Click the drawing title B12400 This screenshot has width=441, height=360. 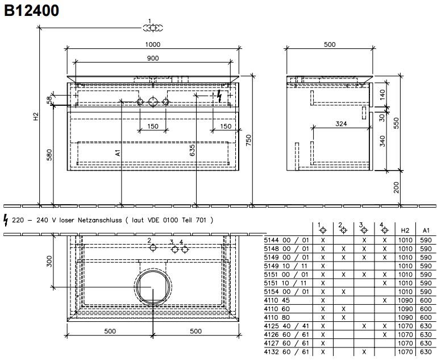tap(31, 10)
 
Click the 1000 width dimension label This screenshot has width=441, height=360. tap(153, 44)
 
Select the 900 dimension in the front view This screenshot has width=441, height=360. tap(153, 58)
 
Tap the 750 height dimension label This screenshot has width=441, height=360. tap(248, 140)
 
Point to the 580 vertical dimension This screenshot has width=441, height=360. tap(49, 155)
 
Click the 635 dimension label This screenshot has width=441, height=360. tap(192, 151)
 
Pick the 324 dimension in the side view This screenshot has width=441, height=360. tap(341, 123)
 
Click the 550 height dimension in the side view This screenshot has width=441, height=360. tap(396, 123)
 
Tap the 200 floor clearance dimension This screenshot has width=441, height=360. tap(396, 188)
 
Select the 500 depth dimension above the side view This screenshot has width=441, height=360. tap(330, 44)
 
